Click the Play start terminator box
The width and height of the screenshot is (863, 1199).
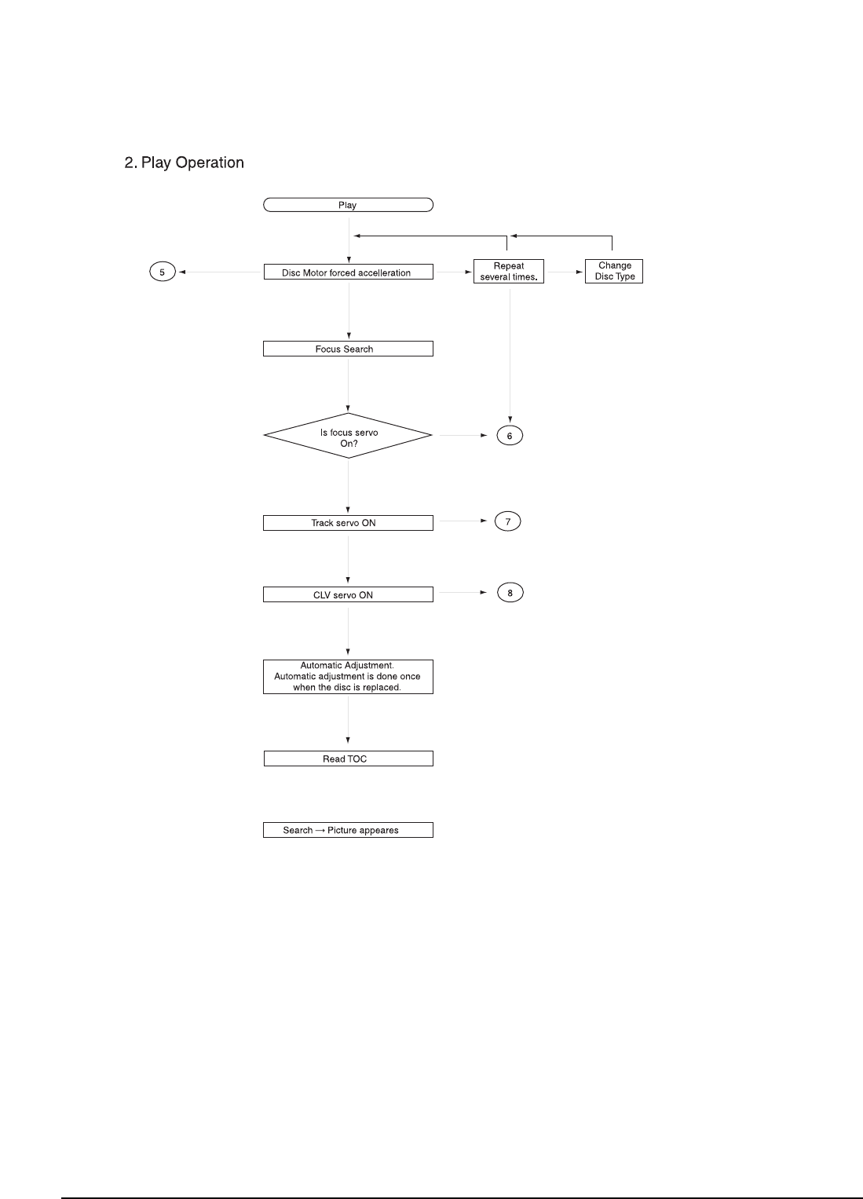pos(348,205)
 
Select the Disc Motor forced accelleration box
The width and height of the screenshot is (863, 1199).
pos(348,272)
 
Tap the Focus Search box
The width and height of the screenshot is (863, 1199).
pos(348,349)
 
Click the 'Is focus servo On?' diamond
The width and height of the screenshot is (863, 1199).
pos(348,436)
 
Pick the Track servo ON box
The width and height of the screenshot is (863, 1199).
pos(348,523)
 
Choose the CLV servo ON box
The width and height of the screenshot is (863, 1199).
pos(348,594)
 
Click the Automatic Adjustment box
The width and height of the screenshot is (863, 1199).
pos(348,676)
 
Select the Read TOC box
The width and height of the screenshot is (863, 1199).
pos(348,759)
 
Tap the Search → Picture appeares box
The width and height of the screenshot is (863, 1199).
pos(348,830)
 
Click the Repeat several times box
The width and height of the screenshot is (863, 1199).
pos(509,272)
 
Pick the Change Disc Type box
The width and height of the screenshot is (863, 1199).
pos(614,271)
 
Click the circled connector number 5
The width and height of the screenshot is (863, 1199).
pos(163,272)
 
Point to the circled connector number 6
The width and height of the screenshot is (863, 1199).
pos(510,436)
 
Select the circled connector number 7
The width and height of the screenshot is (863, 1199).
pos(508,521)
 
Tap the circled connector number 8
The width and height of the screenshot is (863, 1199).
pos(510,593)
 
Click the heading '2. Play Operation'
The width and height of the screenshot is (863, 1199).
pos(185,163)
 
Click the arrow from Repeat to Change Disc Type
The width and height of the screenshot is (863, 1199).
pos(564,272)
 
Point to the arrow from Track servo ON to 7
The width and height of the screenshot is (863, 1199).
pos(463,521)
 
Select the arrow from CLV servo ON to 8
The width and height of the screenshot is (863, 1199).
pos(463,593)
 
